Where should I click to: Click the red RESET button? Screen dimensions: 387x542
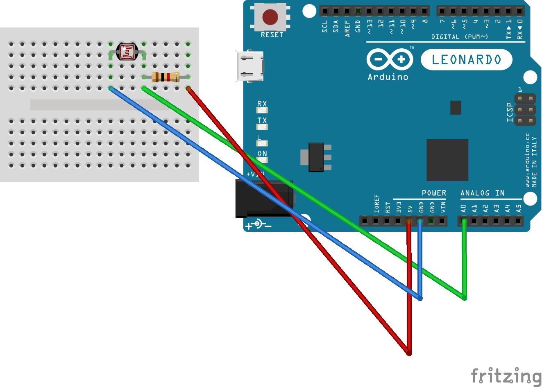tap(270, 17)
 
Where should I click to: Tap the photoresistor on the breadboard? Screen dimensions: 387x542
tap(127, 52)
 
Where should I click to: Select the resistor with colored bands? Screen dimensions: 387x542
tap(165, 77)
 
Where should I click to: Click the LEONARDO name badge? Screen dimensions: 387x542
tap(466, 60)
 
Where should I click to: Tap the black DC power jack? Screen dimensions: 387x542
tap(263, 199)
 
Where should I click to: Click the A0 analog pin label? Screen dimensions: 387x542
tap(463, 208)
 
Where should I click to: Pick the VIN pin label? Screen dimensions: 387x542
tap(443, 208)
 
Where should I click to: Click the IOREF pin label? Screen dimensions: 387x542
tap(376, 204)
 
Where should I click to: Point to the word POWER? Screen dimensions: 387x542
tap(434, 193)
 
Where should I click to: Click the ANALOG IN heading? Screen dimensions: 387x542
tap(482, 193)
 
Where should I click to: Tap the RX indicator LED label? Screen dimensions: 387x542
tap(262, 104)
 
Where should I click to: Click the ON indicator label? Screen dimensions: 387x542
tap(262, 154)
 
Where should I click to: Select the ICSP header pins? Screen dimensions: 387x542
tap(525, 110)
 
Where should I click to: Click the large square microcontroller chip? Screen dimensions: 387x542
tap(447, 160)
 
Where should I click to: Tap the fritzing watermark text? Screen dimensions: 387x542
tap(506, 376)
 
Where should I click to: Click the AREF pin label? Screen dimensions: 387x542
tap(347, 29)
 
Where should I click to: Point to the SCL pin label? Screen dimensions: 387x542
tap(325, 27)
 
